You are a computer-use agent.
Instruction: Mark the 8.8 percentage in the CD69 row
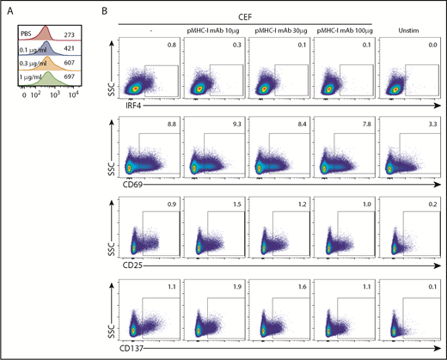[x=171, y=124]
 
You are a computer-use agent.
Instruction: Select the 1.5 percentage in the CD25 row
[x=235, y=204]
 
